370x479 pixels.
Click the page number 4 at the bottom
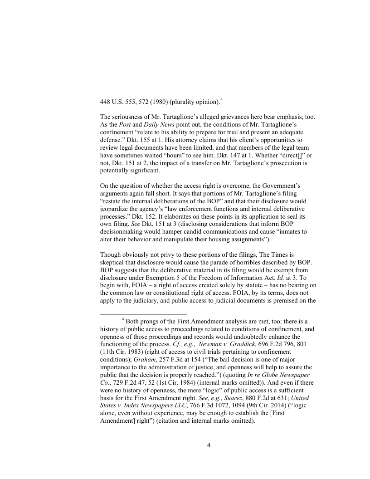click(209, 445)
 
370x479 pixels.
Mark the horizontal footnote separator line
click(143, 314)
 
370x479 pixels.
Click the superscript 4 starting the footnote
click(123, 320)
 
